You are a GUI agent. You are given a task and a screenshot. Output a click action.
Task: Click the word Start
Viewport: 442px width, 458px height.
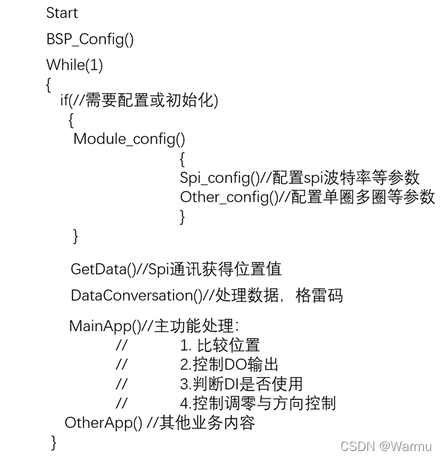tap(62, 13)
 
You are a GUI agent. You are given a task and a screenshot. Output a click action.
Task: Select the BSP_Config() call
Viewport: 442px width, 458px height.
tap(90, 40)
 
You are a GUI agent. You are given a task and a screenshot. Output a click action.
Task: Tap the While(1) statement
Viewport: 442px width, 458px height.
tap(75, 66)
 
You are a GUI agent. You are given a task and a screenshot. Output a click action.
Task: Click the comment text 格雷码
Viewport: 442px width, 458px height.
tap(319, 296)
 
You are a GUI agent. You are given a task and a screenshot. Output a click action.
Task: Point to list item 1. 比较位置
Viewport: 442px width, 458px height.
tap(220, 345)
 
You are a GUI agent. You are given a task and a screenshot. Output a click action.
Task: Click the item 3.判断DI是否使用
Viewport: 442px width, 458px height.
tap(241, 383)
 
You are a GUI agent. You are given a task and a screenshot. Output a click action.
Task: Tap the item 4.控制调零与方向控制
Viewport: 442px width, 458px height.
tap(257, 403)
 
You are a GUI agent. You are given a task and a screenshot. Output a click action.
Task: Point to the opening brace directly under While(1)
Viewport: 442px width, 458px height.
tap(48, 86)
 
